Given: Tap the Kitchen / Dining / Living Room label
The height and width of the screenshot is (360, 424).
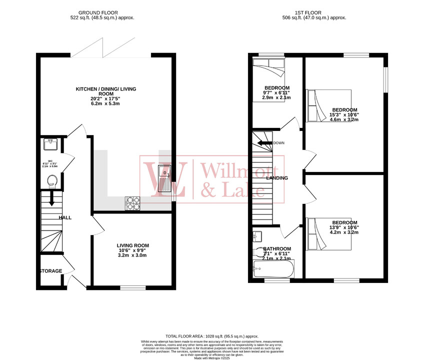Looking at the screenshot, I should (x=105, y=91).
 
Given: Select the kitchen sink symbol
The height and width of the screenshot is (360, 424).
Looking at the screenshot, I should (x=164, y=179).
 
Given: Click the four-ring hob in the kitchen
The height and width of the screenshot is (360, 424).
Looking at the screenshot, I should (x=132, y=202).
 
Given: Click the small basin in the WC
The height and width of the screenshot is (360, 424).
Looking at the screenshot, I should (x=50, y=144).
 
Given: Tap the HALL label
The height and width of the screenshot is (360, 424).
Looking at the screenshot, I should (x=65, y=217).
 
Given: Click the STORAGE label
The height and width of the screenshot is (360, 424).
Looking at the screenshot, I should (x=50, y=271).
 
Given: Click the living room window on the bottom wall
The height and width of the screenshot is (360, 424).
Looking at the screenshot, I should (x=132, y=287).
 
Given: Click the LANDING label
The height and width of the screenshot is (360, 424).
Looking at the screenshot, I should (x=276, y=177).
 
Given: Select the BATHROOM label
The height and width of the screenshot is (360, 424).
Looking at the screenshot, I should (x=277, y=248).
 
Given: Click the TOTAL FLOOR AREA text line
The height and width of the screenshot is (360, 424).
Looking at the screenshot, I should (x=211, y=336).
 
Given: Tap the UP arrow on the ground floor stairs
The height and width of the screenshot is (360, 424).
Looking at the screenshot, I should (x=51, y=198).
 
